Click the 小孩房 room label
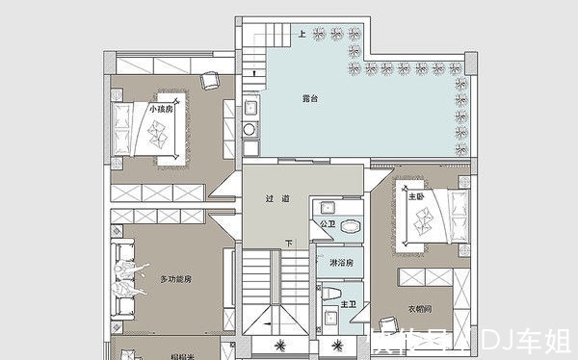[161, 110]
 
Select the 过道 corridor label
[277, 199]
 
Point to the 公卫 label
[327, 224]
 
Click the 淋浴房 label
[341, 263]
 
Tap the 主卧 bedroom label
[416, 195]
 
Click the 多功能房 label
[176, 279]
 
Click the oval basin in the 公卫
[350, 225]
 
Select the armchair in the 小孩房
[210, 79]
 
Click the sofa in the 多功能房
[123, 280]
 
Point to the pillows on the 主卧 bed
[456, 217]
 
